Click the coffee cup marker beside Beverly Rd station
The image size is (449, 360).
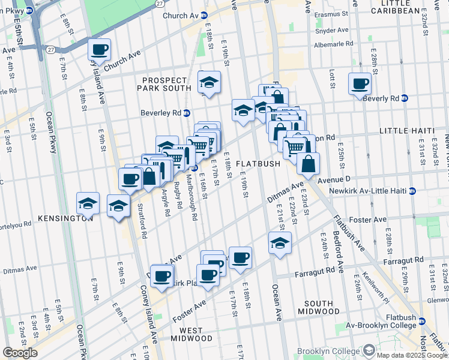[x=360, y=83]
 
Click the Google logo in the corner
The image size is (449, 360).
[x=20, y=353]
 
